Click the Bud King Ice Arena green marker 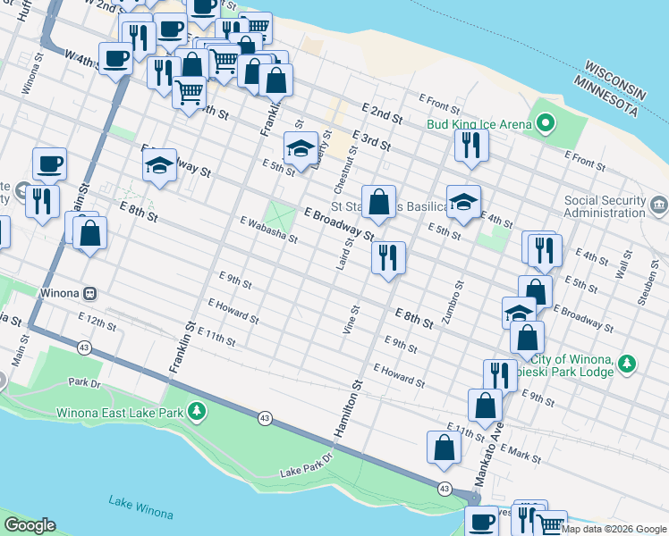545,123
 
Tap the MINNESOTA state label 607,96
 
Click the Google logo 30,525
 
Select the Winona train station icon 89,293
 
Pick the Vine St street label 350,319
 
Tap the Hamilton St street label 348,408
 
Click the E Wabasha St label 267,229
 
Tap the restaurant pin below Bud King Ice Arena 471,146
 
